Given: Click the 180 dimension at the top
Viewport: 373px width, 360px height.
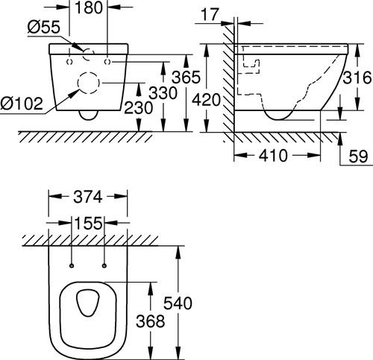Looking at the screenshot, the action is (x=88, y=7).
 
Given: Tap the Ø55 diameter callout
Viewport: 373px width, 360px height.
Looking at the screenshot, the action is (x=43, y=27).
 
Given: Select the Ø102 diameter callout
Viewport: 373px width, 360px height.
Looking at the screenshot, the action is (x=22, y=104).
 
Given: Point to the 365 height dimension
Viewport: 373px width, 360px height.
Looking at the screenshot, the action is (x=186, y=77).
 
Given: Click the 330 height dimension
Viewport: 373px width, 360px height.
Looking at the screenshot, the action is (x=163, y=93).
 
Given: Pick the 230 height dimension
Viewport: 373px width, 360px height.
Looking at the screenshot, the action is (x=139, y=108).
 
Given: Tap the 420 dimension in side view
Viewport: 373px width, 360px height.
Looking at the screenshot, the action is (x=207, y=100).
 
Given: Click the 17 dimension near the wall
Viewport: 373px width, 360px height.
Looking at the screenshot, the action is (x=210, y=14).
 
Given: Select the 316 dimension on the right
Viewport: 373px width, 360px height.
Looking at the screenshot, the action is (x=357, y=78).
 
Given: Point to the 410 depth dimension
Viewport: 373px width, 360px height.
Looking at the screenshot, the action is (x=273, y=156).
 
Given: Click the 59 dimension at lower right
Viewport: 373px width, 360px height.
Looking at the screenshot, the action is (x=358, y=157).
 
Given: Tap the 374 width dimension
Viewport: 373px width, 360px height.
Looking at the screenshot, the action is (x=88, y=197).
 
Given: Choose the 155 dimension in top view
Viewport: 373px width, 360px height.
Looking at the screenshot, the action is (x=88, y=223).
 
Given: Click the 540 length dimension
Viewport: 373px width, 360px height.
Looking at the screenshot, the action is (x=178, y=303).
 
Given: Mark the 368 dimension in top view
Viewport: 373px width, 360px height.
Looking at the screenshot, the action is (x=151, y=321).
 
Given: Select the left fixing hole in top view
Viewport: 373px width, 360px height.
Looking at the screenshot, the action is (x=72, y=266).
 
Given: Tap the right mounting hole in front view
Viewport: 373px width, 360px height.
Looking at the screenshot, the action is (x=107, y=62).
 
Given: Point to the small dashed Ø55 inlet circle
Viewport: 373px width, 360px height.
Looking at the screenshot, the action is (x=83, y=54).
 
